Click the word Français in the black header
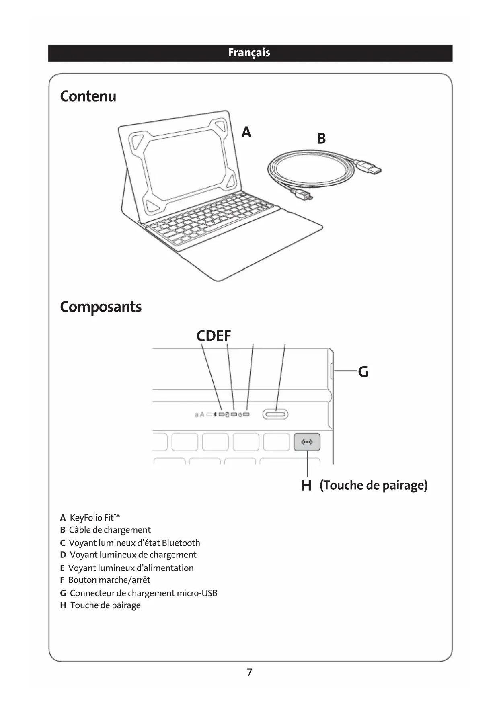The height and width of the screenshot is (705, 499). coord(249,53)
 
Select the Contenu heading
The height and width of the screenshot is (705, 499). coord(88,96)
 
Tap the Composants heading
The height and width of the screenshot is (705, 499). coord(101,307)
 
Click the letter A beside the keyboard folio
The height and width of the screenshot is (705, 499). coord(246,132)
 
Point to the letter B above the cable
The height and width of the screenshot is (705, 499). coord(321,139)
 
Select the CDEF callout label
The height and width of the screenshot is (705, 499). coord(214,336)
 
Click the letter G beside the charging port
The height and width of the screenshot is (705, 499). coord(363,372)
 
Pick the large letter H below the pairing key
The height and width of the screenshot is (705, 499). coord(306,486)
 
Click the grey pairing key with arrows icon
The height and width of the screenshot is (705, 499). coord(307,442)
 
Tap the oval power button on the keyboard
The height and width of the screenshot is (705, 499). coord(275,414)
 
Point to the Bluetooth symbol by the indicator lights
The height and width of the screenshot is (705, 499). coord(215,414)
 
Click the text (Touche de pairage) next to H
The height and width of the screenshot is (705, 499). coord(374,485)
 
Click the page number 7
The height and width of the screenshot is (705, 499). coord(249,672)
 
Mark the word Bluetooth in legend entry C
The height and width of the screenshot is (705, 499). coord(181,543)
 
